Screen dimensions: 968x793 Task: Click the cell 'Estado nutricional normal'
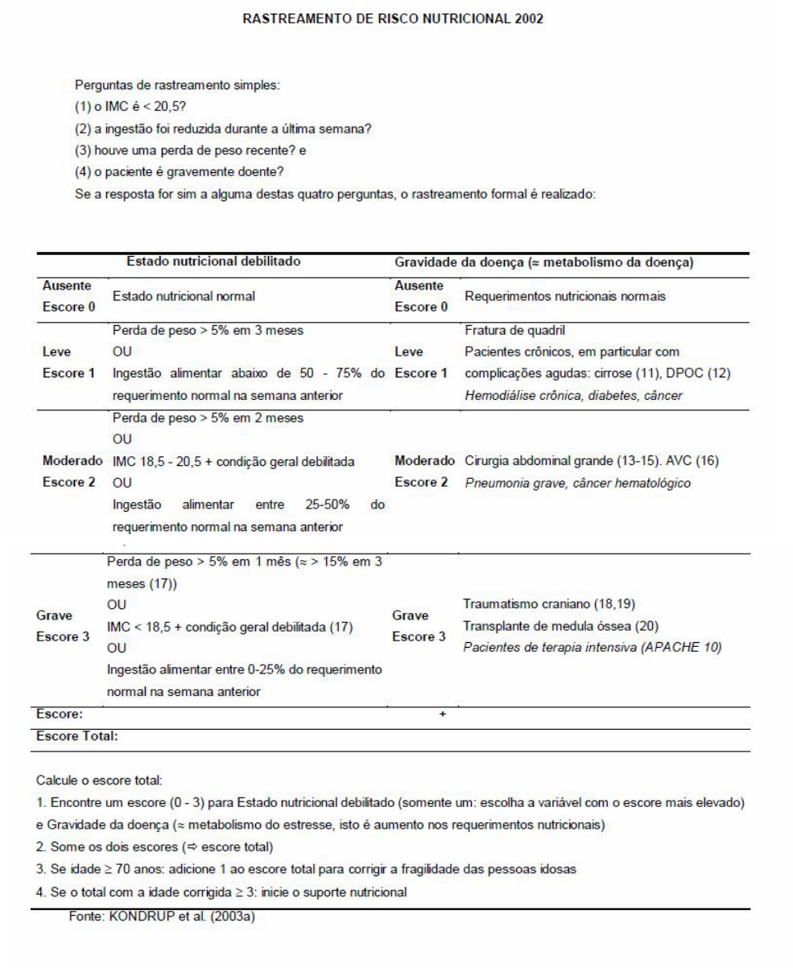[183, 296]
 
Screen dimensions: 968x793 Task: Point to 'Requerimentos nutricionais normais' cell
[565, 296]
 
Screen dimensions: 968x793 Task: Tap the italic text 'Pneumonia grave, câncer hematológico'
[577, 484]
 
